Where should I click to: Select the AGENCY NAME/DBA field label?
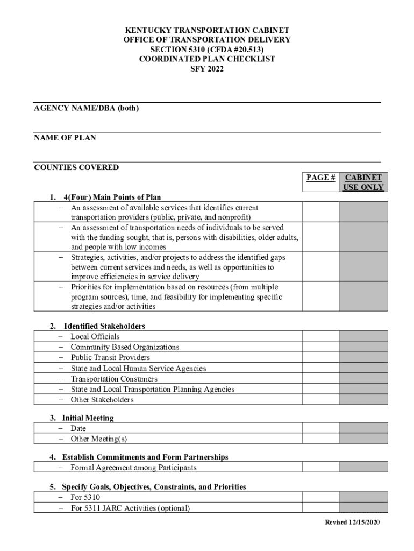pos(86,108)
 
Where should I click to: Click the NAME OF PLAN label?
pos(65,138)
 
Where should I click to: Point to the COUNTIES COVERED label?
pos(76,167)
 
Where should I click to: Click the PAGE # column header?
pos(321,178)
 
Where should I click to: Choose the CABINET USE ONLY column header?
pos(363,182)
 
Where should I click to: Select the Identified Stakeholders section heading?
pos(104,326)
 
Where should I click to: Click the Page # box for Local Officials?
pos(320,336)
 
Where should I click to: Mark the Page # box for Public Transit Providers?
pos(320,357)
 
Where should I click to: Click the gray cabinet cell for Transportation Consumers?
pos(363,379)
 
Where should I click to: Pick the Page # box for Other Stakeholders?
pos(320,400)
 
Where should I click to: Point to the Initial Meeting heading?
pos(88,418)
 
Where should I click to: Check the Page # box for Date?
pos(320,428)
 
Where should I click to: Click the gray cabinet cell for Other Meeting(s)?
pos(363,439)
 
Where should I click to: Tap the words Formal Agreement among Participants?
pos(133,468)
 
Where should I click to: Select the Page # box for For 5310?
pos(320,497)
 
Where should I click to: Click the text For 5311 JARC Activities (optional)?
pos(130,507)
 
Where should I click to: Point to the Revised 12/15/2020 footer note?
pos(352,522)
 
